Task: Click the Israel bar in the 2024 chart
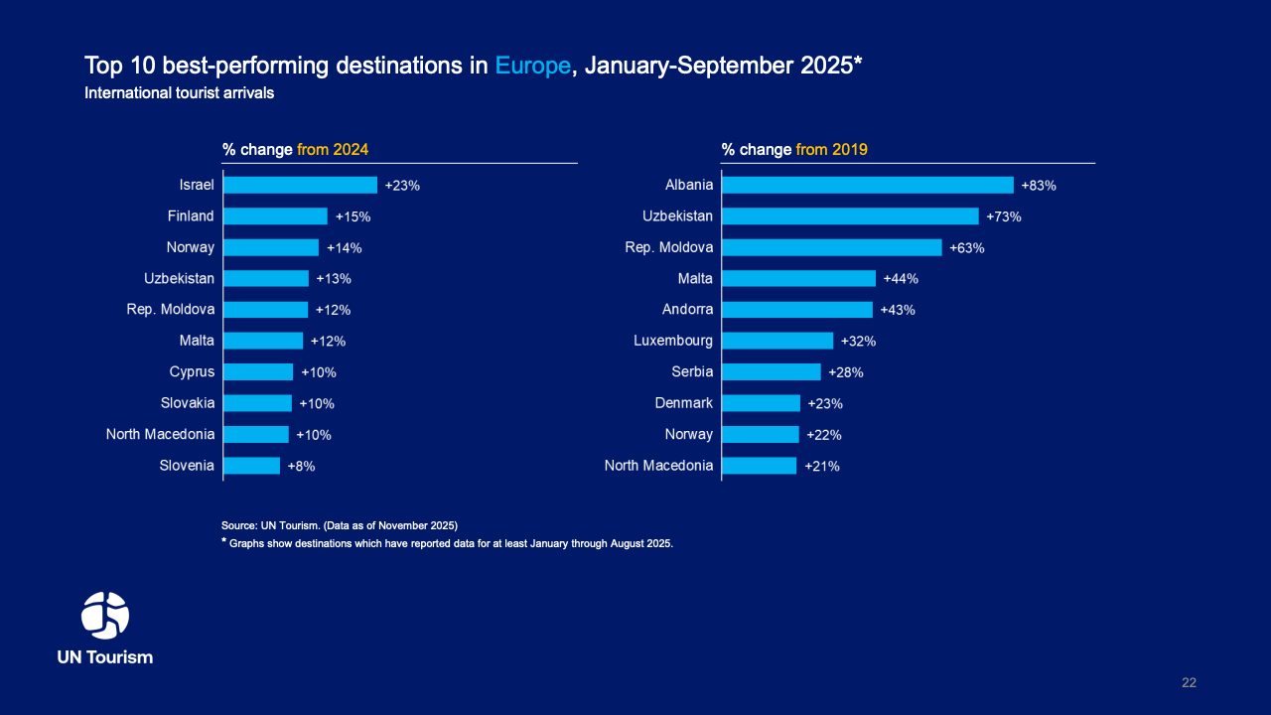(x=300, y=185)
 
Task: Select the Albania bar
(x=867, y=185)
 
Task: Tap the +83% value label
(x=1039, y=186)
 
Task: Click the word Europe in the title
(x=533, y=66)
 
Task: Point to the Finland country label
(x=191, y=215)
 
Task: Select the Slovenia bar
(x=252, y=465)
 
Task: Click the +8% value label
(x=301, y=466)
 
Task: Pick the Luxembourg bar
(x=777, y=341)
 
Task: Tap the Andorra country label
(x=687, y=309)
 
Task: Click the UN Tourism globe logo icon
(x=105, y=616)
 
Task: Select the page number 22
(x=1189, y=682)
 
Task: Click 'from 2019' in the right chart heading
(x=831, y=150)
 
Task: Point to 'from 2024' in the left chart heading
(x=333, y=150)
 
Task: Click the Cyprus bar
(x=258, y=371)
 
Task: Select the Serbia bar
(x=772, y=371)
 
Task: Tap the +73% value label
(x=1004, y=216)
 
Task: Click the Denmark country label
(x=683, y=403)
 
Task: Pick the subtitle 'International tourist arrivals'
(x=180, y=93)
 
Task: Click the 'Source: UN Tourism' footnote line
(x=340, y=524)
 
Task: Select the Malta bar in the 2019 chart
(x=798, y=278)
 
